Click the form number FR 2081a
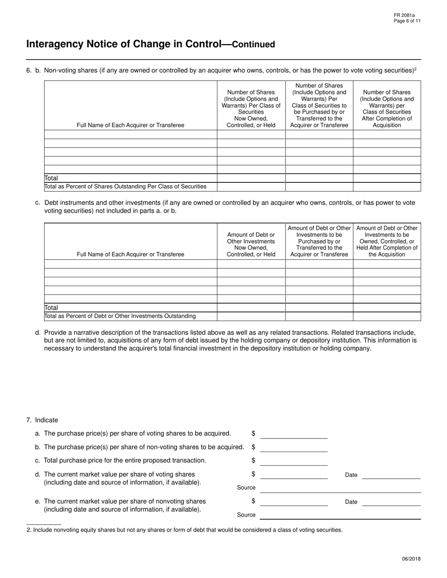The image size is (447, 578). click(x=405, y=15)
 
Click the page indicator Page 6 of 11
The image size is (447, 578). click(x=407, y=21)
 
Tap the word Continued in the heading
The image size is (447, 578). click(x=254, y=45)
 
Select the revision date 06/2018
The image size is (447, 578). click(x=411, y=559)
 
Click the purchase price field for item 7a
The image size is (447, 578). click(x=294, y=434)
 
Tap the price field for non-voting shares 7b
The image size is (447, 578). click(x=294, y=447)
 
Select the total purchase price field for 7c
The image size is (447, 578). click(x=294, y=461)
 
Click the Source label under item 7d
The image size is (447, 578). click(x=246, y=488)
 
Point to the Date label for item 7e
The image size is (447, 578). click(x=351, y=502)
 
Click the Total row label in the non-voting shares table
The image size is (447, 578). click(x=51, y=179)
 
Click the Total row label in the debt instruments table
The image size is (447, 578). click(x=51, y=308)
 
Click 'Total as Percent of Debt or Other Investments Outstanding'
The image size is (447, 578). click(x=120, y=316)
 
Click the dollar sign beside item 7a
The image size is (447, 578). click(x=253, y=433)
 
